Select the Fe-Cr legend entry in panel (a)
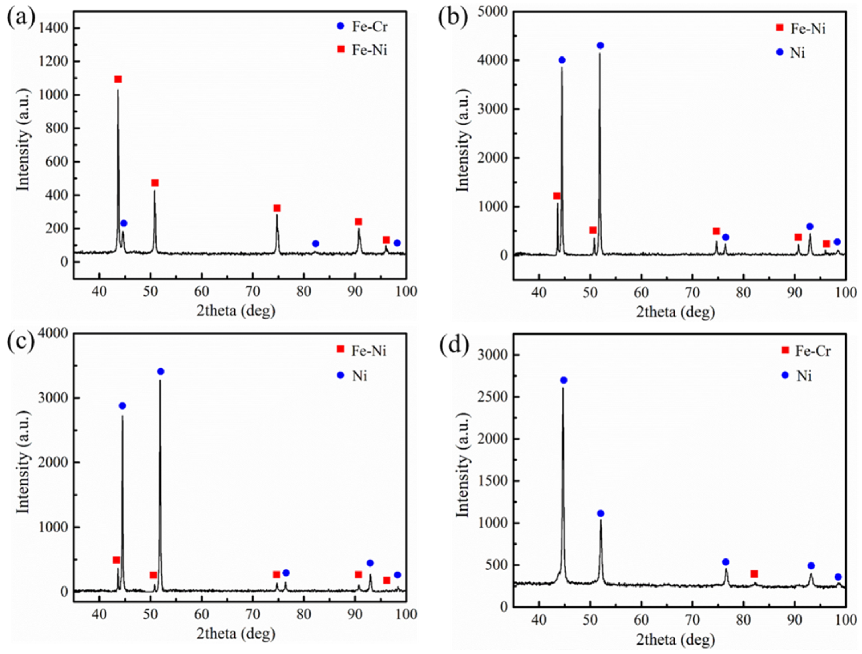(363, 27)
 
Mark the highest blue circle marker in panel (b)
(600, 46)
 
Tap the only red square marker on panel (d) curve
(754, 574)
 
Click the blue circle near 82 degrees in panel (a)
(316, 244)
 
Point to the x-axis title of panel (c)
(236, 633)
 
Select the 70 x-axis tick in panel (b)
(693, 292)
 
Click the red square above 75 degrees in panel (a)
(277, 208)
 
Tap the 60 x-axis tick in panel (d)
(642, 620)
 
